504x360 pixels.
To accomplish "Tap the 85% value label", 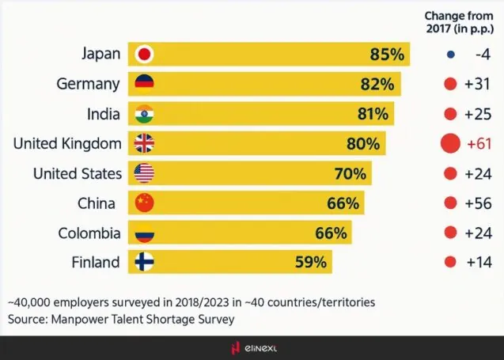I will [387, 55].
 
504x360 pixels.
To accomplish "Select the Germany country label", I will [89, 84].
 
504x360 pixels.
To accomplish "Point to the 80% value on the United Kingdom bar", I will [362, 144].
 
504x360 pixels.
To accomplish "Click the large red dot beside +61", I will [450, 143].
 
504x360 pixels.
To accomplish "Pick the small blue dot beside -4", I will [450, 55].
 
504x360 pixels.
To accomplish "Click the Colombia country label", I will [89, 233].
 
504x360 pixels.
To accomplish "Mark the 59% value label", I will [312, 263].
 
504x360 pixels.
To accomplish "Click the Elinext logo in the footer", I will [252, 348].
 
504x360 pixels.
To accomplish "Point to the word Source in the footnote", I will [28, 318].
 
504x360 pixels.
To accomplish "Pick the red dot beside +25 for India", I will [450, 114].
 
